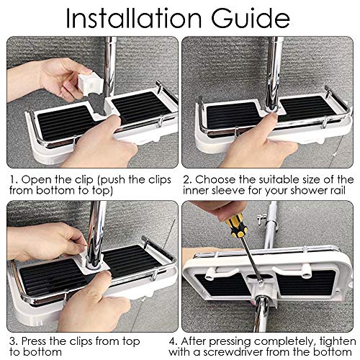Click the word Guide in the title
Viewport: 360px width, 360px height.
click(251, 18)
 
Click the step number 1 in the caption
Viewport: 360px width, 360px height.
click(13, 179)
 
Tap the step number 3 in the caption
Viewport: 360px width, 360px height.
click(13, 341)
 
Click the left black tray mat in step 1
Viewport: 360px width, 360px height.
click(63, 122)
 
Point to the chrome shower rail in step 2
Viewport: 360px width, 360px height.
click(274, 72)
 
